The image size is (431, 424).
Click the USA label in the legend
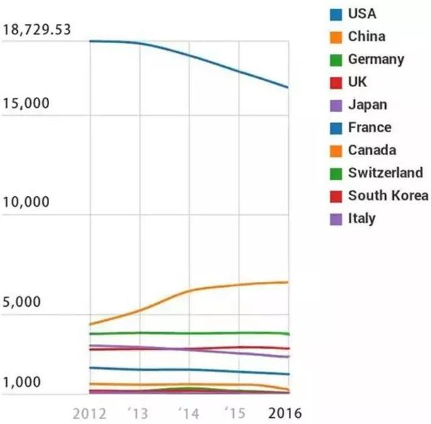click(362, 13)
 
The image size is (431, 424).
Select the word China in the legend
click(366, 36)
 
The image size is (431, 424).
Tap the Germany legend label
click(376, 59)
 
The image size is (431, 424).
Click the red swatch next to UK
click(335, 82)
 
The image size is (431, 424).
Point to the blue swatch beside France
click(335, 127)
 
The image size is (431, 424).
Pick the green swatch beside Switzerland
click(335, 173)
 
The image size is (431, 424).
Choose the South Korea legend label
click(388, 195)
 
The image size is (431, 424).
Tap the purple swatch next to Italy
click(335, 218)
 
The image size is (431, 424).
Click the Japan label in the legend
click(368, 105)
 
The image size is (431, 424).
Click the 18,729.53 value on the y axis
click(37, 30)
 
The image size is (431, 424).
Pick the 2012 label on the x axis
click(89, 413)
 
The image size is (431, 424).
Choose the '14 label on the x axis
click(189, 413)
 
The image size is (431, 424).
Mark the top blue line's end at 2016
click(288, 88)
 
